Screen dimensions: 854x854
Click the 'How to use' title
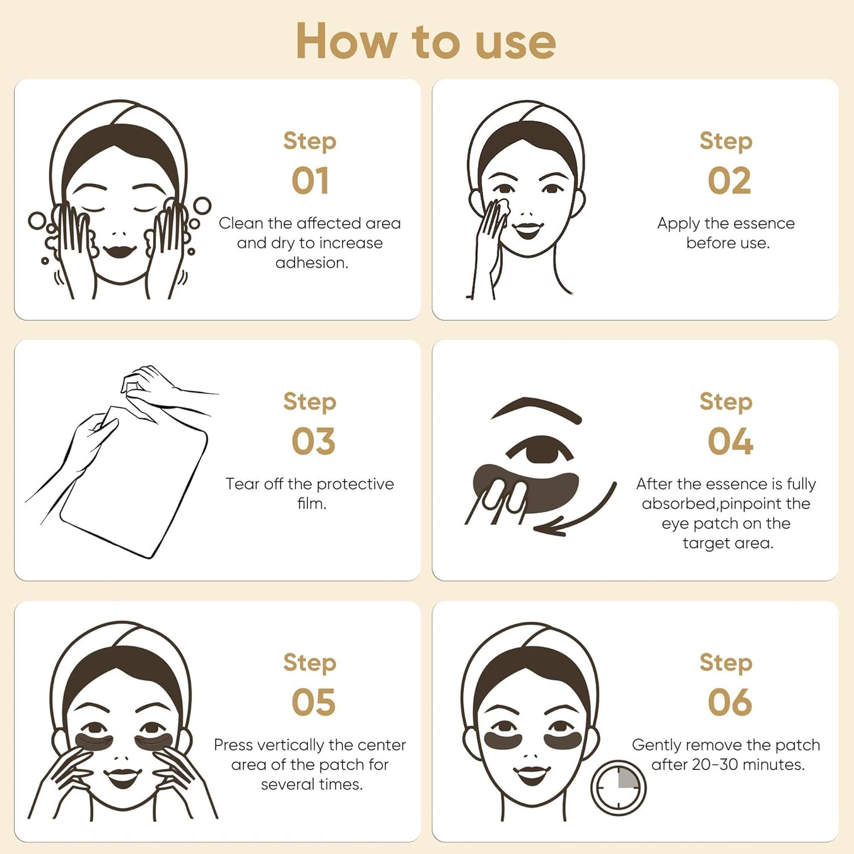point(426,41)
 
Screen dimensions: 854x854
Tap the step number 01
point(310,181)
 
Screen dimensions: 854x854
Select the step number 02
point(729,181)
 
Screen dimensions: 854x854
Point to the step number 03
point(313,441)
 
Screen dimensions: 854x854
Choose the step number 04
point(730,441)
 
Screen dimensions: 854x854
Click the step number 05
point(313,703)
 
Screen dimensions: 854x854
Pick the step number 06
point(730,703)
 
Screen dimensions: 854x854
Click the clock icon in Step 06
point(618,788)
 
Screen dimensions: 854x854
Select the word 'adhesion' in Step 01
point(311,263)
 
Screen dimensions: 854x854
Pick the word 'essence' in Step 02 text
point(763,223)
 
